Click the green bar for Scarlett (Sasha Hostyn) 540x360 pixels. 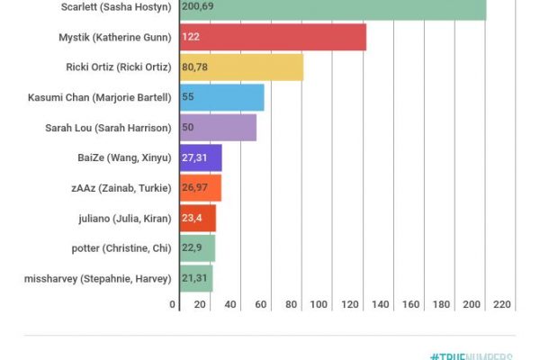333,9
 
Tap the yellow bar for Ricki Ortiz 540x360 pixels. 241,67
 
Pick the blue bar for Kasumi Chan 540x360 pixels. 221,97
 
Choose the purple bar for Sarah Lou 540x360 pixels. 218,128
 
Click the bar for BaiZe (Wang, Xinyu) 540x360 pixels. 200,157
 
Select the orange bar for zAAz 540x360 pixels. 200,188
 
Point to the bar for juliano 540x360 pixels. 197,218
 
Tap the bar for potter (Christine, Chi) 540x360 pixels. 197,248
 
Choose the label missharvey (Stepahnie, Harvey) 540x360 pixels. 97,279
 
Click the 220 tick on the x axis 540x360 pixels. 501,305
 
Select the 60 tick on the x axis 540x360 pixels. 261,305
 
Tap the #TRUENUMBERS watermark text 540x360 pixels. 477,356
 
